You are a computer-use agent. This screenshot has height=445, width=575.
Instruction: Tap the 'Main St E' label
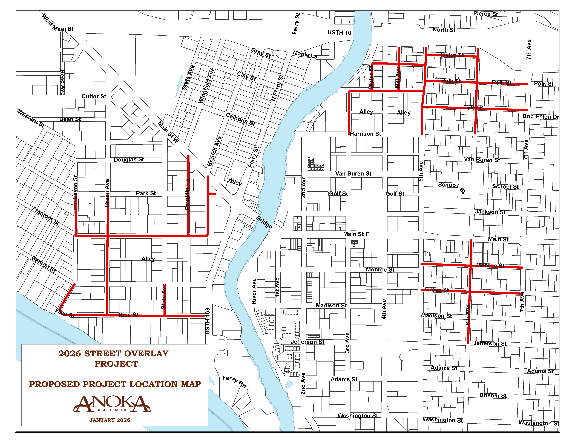click(x=356, y=234)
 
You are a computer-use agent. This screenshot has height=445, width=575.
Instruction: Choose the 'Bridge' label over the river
click(x=264, y=222)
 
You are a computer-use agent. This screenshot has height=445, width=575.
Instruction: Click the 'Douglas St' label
click(x=129, y=160)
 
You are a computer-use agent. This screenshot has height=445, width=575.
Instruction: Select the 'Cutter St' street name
click(x=94, y=96)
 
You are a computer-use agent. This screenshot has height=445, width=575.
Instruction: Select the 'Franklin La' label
click(x=188, y=194)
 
